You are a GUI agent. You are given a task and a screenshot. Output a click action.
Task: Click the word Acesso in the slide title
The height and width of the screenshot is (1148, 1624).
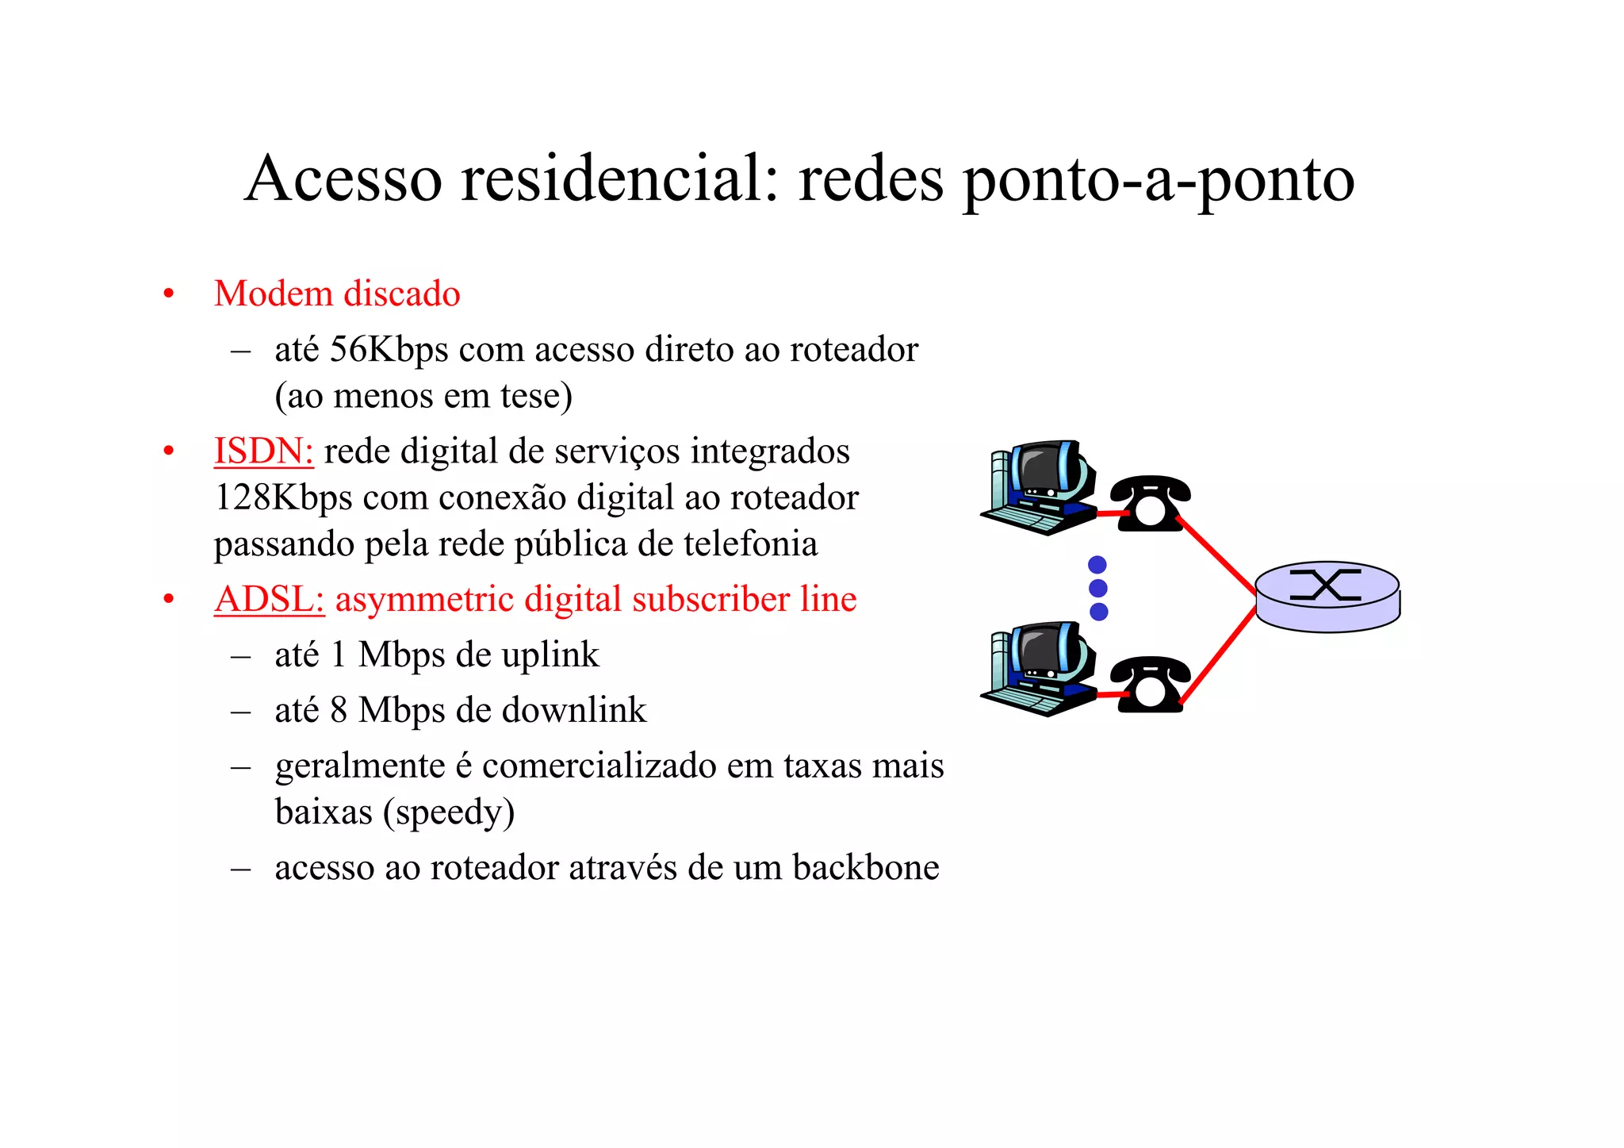[x=343, y=179]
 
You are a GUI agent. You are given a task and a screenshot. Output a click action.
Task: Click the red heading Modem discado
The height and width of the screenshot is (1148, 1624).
[x=337, y=294]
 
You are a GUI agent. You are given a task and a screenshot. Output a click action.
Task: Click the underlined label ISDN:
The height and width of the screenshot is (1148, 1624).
[x=263, y=451]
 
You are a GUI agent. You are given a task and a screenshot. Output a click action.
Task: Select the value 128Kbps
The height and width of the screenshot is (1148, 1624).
[x=283, y=498]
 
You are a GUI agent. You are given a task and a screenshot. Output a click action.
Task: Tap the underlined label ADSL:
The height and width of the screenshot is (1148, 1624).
[x=269, y=600]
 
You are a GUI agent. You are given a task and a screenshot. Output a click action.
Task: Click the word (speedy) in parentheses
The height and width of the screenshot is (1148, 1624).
[x=449, y=812]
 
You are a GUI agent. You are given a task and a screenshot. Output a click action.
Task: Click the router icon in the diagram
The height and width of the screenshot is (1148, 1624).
[x=1327, y=597]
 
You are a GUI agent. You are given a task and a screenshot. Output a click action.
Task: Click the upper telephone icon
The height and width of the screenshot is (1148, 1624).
[x=1150, y=503]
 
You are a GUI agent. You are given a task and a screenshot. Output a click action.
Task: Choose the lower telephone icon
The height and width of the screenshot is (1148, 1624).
[x=1150, y=684]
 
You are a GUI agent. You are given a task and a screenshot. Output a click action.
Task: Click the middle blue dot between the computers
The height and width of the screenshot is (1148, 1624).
[x=1098, y=588]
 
